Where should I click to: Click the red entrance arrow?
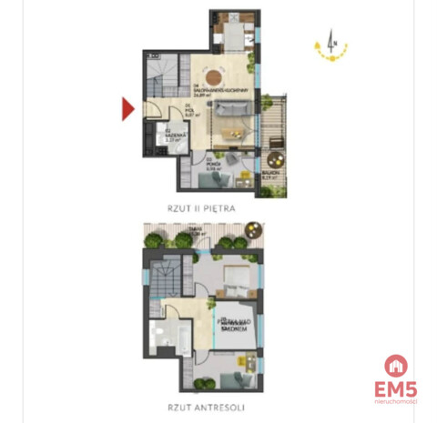(128, 110)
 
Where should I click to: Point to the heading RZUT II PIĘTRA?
(201, 208)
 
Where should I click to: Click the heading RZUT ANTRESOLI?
(203, 408)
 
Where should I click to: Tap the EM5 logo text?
(396, 388)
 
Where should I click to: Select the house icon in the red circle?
(396, 366)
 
